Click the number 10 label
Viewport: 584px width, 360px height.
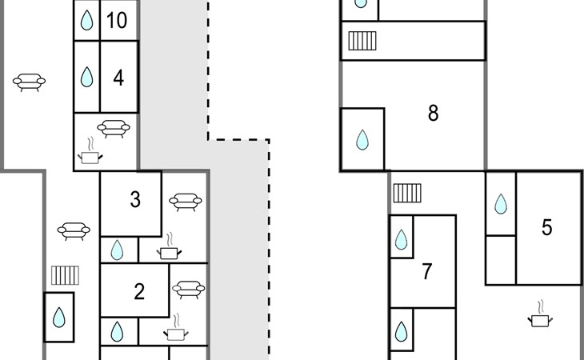pos(117,21)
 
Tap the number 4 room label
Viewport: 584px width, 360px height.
pos(118,78)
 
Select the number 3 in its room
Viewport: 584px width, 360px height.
pos(135,200)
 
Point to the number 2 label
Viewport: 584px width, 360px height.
pos(139,292)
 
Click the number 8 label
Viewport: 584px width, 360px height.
pos(434,113)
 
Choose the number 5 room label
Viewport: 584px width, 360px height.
pos(547,228)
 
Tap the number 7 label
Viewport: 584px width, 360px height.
pos(427,272)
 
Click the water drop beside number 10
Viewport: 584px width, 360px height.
pos(86,21)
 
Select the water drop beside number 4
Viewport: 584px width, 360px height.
pos(86,78)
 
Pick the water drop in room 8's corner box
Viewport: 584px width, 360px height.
pos(362,141)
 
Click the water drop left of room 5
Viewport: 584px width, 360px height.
pos(501,204)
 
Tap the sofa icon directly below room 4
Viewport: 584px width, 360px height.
pos(114,127)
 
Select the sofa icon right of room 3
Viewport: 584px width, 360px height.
pos(186,201)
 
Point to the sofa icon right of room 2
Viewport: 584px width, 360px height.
pos(189,289)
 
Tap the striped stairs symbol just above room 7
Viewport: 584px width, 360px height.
pos(407,193)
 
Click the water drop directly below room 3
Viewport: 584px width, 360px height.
pos(118,250)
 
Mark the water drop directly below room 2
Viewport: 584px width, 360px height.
pos(118,331)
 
